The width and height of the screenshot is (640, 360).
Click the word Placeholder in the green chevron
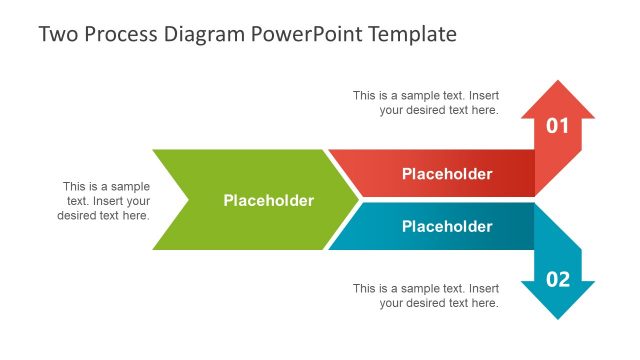coord(268,201)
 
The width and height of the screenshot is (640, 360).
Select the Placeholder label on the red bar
coord(447,174)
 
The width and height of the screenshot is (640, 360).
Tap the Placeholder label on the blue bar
coord(447,227)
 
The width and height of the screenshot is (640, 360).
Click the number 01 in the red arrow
coord(557,126)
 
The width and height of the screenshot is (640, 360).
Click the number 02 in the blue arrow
coord(557,279)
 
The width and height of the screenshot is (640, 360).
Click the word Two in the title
coord(56,34)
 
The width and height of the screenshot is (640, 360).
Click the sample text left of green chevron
coord(104,201)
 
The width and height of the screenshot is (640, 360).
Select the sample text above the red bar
coord(426,103)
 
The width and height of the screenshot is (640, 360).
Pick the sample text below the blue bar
coord(426,296)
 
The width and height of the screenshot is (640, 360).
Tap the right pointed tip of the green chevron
coord(357,200)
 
